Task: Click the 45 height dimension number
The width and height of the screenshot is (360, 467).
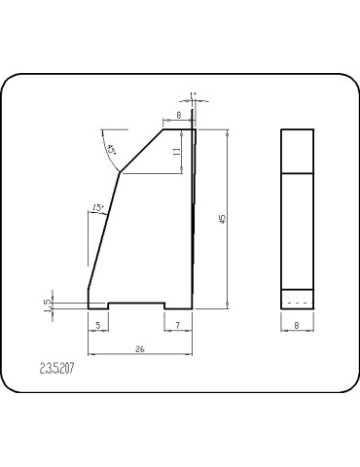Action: pyautogui.click(x=223, y=219)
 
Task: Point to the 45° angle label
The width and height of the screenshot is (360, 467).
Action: pyautogui.click(x=112, y=149)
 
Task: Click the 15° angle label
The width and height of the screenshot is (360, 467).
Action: pyautogui.click(x=97, y=207)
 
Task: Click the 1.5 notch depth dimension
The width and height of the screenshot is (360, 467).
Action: pyautogui.click(x=47, y=304)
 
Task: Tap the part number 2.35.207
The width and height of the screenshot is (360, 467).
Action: pyautogui.click(x=57, y=370)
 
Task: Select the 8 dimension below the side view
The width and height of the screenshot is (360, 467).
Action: pyautogui.click(x=297, y=325)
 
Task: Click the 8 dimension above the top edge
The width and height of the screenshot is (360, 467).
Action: pyautogui.click(x=179, y=115)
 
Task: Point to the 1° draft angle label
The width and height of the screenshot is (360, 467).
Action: pyautogui.click(x=195, y=94)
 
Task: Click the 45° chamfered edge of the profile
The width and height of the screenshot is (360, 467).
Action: pyautogui.click(x=140, y=150)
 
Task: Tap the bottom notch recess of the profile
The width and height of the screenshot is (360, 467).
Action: pyautogui.click(x=135, y=302)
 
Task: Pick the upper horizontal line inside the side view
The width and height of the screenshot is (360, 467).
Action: pyautogui.click(x=298, y=172)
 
